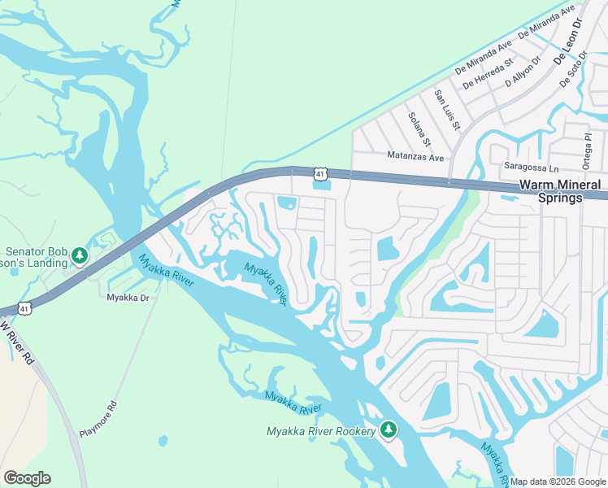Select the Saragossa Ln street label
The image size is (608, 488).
pyautogui.click(x=532, y=167)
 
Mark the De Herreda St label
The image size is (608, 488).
pyautogui.click(x=488, y=73)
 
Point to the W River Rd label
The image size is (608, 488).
pyautogui.click(x=17, y=342)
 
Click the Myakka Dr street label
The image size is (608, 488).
pyautogui.click(x=128, y=298)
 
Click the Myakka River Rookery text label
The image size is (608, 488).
pyautogui.click(x=322, y=430)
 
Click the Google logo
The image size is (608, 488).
pyautogui.click(x=27, y=478)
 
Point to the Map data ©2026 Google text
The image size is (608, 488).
pyautogui.click(x=558, y=481)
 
